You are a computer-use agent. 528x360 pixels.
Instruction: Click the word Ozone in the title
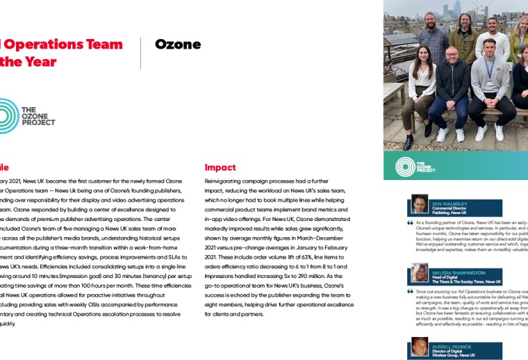(x=178, y=44)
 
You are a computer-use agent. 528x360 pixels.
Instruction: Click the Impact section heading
(x=220, y=167)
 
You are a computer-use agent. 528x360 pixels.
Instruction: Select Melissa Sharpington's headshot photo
(x=419, y=272)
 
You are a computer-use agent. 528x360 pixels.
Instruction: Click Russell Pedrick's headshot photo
(x=419, y=347)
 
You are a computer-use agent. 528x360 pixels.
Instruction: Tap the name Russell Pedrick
(x=452, y=345)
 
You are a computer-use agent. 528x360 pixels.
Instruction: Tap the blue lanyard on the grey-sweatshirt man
(x=490, y=70)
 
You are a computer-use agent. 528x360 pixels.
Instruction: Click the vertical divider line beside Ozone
(x=141, y=53)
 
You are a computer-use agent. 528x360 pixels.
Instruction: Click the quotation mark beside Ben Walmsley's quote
(x=411, y=223)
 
